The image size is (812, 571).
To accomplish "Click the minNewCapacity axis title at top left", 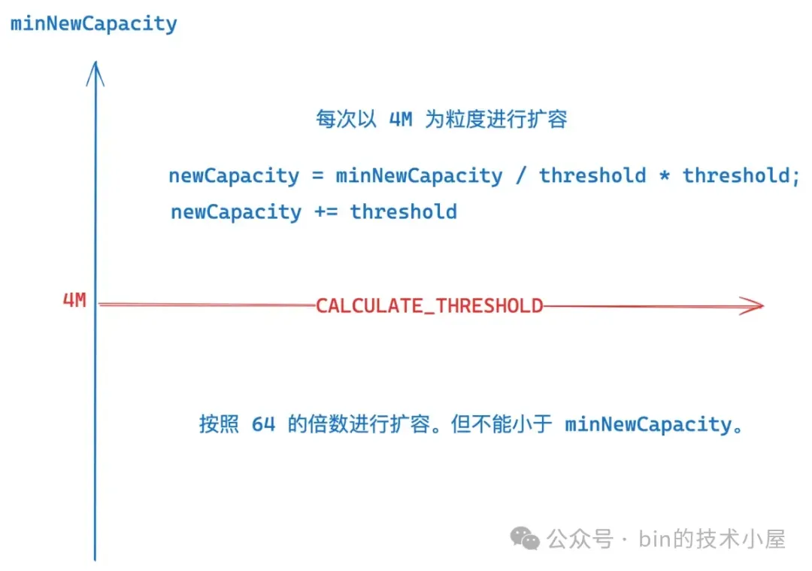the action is click(x=94, y=24).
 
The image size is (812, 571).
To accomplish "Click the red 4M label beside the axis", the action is click(x=74, y=300).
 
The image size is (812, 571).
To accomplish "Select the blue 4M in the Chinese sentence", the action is click(x=401, y=119).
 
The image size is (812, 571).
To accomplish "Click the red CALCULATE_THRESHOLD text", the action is click(x=429, y=305).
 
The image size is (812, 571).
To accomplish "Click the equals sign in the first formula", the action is click(x=317, y=175).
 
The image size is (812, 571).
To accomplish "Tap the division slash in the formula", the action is click(x=521, y=175).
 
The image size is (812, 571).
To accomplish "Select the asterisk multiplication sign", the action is click(x=665, y=175).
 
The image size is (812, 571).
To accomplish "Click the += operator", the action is click(x=326, y=212).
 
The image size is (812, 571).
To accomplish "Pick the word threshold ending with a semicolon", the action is click(x=741, y=175).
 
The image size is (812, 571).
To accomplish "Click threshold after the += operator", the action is click(x=404, y=212).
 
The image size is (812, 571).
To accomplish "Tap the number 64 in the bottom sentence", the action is click(x=264, y=424).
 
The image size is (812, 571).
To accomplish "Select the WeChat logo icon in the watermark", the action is click(x=525, y=539).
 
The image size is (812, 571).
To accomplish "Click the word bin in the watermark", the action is click(x=655, y=539).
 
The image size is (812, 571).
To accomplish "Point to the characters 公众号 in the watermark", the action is click(x=580, y=539).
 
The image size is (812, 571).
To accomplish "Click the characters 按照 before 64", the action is click(x=219, y=424).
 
